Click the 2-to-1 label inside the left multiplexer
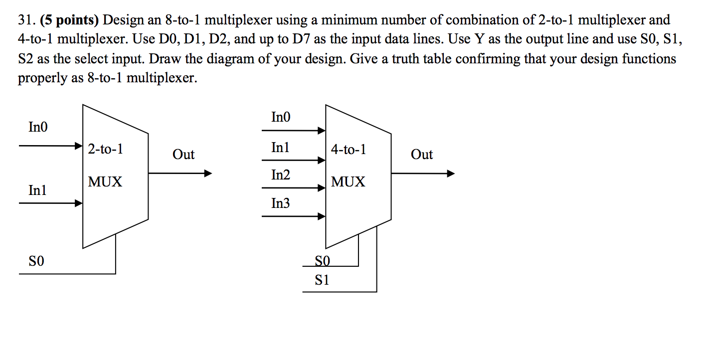[x=105, y=149]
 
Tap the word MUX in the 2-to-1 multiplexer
[x=105, y=182]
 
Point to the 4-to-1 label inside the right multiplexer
[x=348, y=149]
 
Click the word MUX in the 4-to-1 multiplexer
[x=348, y=182]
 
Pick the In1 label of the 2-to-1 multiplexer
[x=38, y=190]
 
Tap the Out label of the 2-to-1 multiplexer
[x=183, y=155]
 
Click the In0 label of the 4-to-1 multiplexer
[x=280, y=117]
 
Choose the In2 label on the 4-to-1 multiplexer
[x=280, y=175]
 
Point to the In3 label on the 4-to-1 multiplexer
[x=280, y=203]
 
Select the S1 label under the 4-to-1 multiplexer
[x=322, y=280]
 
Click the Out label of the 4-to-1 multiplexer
[x=422, y=155]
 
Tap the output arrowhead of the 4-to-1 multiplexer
[x=451, y=174]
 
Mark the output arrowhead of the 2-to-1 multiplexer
[x=208, y=174]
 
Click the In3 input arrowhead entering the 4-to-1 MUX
[x=322, y=216]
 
